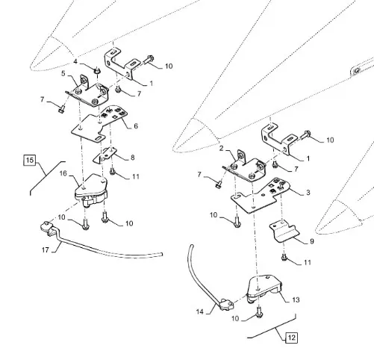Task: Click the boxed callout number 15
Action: (x=30, y=160)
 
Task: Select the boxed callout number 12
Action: (x=291, y=338)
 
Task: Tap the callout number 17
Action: (x=46, y=249)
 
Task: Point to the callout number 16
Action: (x=63, y=173)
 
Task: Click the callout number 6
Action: (x=136, y=126)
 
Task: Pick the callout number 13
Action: (x=296, y=300)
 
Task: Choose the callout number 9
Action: (x=312, y=241)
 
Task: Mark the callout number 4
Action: (x=75, y=61)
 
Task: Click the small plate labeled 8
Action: (x=105, y=155)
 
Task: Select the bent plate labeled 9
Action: (x=284, y=232)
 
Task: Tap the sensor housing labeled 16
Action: (x=91, y=190)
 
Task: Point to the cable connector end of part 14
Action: (x=226, y=304)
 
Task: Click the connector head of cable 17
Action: (x=46, y=227)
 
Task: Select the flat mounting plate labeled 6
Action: (x=99, y=123)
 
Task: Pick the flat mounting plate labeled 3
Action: (x=261, y=196)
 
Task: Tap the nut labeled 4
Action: (x=97, y=71)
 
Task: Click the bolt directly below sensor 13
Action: (x=259, y=313)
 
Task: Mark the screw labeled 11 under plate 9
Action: (x=284, y=258)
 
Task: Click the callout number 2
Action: (x=222, y=149)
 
